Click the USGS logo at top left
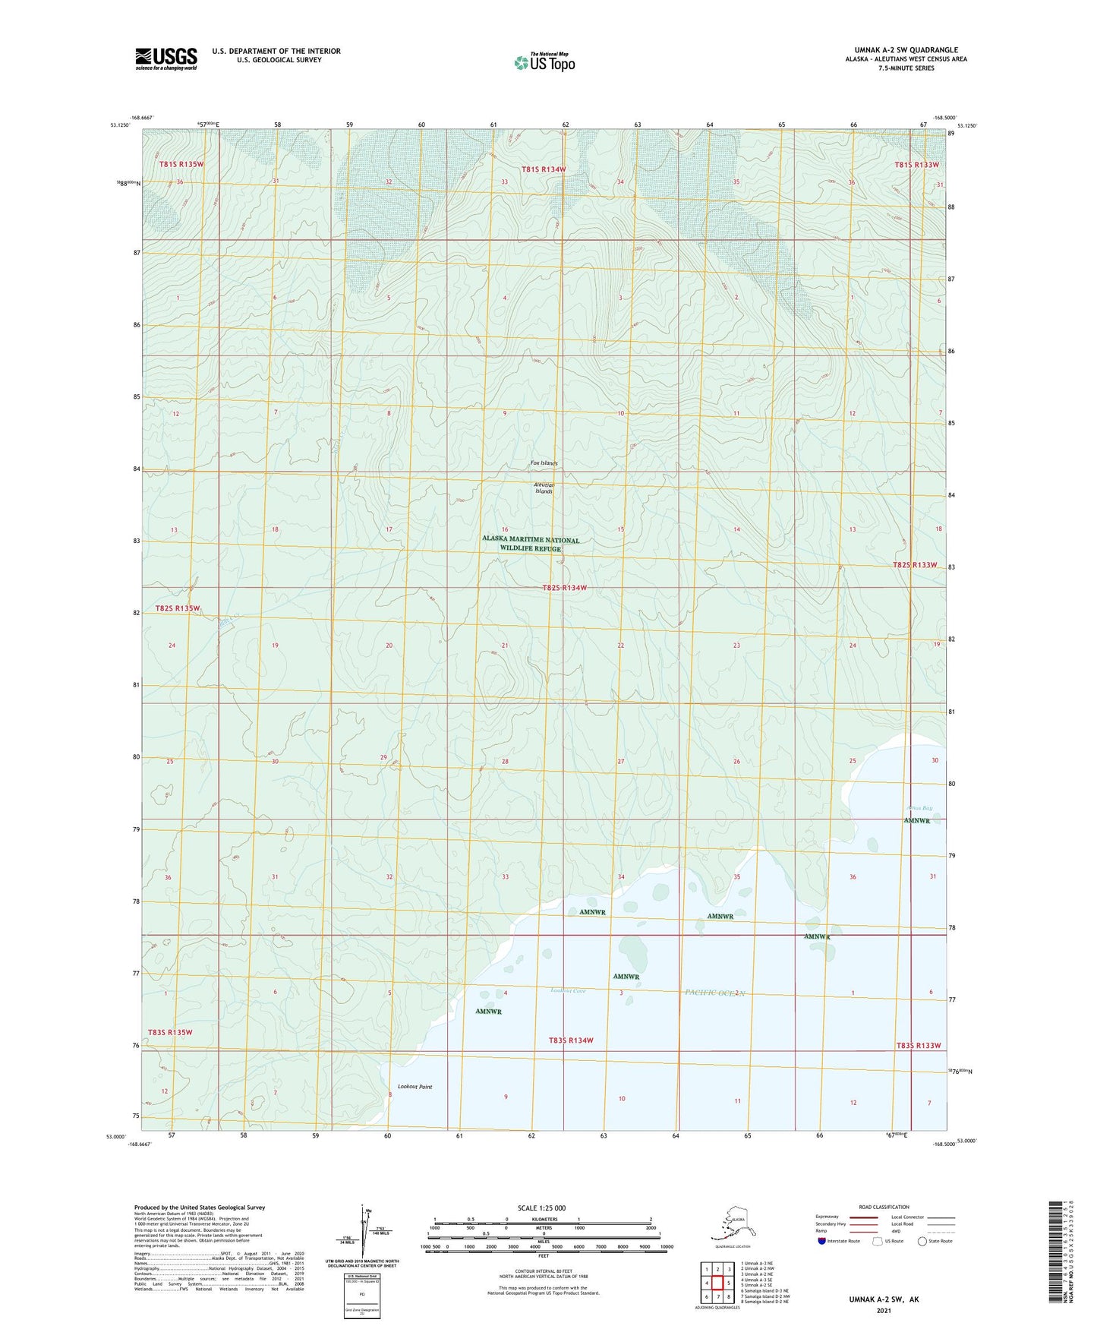point(165,58)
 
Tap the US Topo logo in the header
point(544,62)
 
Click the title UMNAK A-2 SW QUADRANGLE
point(901,50)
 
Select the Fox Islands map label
point(544,463)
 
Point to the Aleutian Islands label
point(544,488)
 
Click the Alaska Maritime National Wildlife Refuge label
point(531,544)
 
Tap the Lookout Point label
point(415,1087)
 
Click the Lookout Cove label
point(568,991)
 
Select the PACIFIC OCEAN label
point(715,993)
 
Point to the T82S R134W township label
point(564,588)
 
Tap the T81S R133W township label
point(916,165)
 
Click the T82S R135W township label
point(177,608)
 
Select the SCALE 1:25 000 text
point(542,1208)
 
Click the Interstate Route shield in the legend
point(822,1241)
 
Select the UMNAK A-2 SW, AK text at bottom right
point(883,1299)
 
